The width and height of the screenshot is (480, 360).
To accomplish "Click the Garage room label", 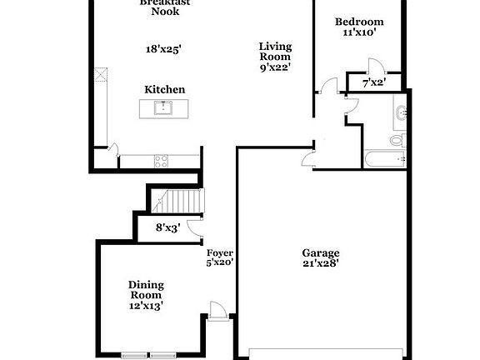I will click(x=320, y=252).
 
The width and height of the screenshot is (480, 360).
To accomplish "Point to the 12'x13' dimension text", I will click(x=146, y=305).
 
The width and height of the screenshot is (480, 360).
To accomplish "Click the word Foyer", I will click(x=220, y=252).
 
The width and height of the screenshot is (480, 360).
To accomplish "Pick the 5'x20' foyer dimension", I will click(x=220, y=262).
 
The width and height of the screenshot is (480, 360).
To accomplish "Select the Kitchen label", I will click(x=165, y=89).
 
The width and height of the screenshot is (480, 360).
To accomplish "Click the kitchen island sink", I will click(x=163, y=107).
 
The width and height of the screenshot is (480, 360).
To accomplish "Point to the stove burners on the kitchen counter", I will click(x=160, y=159).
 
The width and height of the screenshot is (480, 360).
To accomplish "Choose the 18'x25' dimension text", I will click(x=163, y=49).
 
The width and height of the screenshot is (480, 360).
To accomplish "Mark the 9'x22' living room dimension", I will click(x=274, y=67).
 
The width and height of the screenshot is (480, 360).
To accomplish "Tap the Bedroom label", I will click(x=359, y=22).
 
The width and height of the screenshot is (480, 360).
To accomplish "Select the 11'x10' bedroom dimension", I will click(x=359, y=33).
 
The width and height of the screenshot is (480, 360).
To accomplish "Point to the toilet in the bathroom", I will click(x=397, y=139).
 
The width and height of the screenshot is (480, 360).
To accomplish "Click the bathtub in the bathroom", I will click(x=384, y=158).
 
